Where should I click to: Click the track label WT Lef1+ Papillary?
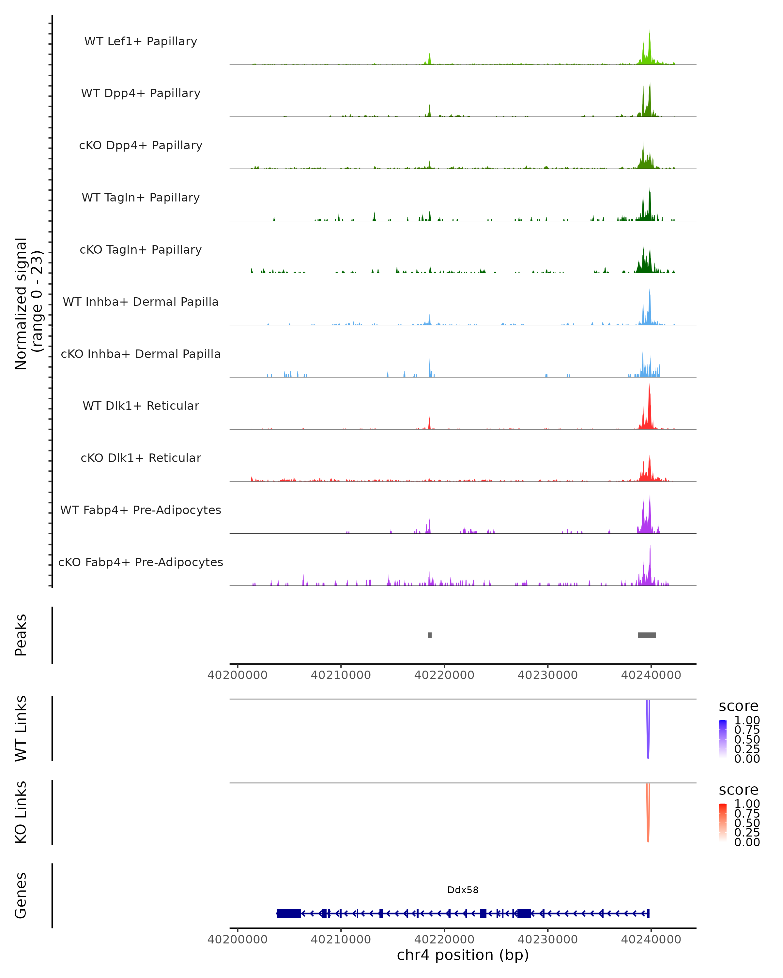point(141,41)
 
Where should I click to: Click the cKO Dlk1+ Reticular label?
point(141,458)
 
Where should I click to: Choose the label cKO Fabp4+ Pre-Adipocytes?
point(141,562)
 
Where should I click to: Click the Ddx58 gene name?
point(463,890)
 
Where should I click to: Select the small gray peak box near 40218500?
point(429,635)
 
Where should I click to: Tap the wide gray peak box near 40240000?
point(646,635)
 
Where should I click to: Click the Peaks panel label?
point(21,635)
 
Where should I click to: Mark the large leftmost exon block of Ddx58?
point(288,913)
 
